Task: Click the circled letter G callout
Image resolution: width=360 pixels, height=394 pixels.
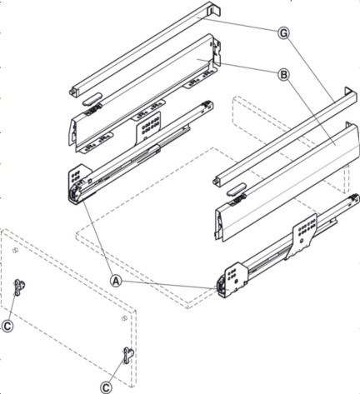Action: point(283,33)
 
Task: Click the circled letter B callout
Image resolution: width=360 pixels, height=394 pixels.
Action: point(283,75)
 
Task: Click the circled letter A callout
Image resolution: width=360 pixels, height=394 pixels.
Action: point(116,281)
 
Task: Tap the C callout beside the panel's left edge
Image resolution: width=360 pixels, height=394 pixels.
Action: point(7,326)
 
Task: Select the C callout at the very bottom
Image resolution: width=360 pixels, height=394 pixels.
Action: point(106,387)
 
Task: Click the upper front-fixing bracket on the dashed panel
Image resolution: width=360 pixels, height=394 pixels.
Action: point(19,287)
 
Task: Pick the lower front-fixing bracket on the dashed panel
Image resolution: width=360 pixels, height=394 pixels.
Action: point(128,355)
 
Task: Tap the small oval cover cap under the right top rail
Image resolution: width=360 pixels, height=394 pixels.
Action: point(237,190)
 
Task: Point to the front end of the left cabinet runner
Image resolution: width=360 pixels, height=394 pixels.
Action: point(75,193)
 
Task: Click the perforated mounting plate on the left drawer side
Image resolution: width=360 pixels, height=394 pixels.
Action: point(148,127)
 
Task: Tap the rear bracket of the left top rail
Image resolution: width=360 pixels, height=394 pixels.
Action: point(214,9)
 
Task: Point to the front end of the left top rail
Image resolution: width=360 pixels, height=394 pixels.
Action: point(73,92)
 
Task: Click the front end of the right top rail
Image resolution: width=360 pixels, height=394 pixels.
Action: point(217,181)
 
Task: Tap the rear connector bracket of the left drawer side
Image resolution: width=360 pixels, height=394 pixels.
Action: point(217,53)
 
